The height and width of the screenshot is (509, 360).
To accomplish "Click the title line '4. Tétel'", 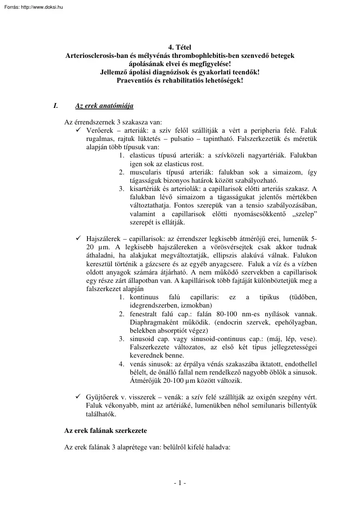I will pos(179,47).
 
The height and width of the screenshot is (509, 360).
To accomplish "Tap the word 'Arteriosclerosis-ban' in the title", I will pos(94,56).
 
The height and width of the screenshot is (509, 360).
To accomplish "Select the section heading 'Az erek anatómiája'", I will pos(104,106).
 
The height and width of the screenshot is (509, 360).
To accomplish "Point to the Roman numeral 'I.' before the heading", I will pos(55,106).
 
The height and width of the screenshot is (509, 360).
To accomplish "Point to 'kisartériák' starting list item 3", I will pos(144,189).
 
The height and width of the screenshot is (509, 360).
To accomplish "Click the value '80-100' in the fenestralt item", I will pos(216,313).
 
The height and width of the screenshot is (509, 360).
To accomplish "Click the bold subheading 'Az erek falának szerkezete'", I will pos(105,431).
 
